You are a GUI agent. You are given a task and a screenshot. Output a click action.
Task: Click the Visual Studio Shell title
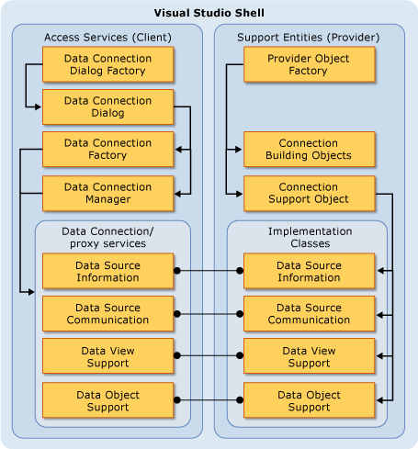209,13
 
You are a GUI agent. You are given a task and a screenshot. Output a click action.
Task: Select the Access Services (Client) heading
107,37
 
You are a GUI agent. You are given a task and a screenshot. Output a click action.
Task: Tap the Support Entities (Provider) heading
309,37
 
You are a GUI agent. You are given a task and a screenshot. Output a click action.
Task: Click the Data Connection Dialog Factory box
108,64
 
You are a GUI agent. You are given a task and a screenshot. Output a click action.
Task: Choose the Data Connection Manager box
108,193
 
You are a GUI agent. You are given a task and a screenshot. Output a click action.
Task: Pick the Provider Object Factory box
309,64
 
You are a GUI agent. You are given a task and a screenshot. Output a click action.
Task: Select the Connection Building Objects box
309,150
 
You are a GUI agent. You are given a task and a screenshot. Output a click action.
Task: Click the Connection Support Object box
309,193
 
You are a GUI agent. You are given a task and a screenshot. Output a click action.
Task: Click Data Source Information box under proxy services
108,271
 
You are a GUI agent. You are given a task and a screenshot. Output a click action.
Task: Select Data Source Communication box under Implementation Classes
309,313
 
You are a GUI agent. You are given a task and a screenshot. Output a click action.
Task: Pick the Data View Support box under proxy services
108,356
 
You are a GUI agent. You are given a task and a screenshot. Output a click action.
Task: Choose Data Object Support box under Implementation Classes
309,400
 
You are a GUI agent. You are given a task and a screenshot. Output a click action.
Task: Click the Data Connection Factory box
108,150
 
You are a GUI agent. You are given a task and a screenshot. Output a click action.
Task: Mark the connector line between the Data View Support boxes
209,356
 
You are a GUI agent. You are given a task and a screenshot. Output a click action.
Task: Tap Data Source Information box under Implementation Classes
309,271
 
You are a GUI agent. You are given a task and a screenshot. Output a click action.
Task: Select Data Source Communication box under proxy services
108,313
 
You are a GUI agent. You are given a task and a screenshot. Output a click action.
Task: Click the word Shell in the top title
248,13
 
